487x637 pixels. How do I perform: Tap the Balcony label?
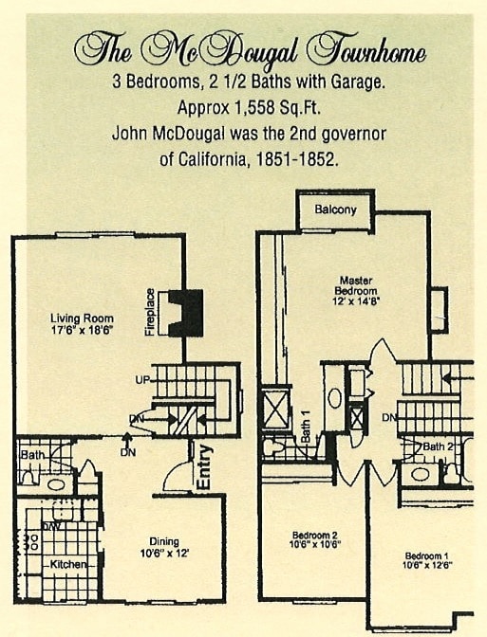[336, 209]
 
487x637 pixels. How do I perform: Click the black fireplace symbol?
[184, 313]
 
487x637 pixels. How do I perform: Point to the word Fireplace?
[150, 313]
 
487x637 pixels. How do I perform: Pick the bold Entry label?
[202, 466]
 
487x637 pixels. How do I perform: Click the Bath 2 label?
[437, 446]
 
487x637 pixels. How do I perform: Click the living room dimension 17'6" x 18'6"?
[83, 331]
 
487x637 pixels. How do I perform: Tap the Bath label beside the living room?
[31, 456]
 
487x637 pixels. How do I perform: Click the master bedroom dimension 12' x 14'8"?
[360, 300]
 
